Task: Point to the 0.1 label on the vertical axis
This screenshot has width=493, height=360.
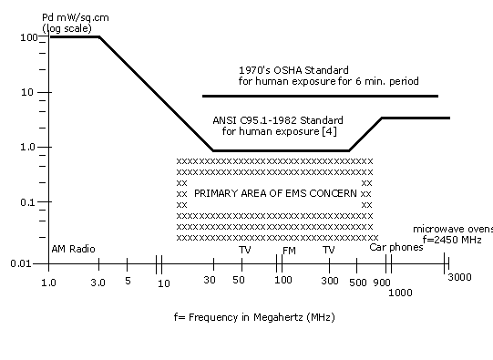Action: click(x=30, y=202)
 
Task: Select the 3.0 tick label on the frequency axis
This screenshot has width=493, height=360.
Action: click(x=98, y=282)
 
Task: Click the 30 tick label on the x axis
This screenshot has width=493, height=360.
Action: click(x=210, y=282)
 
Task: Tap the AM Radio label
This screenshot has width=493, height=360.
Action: click(x=73, y=249)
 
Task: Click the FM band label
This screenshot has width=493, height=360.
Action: click(x=289, y=249)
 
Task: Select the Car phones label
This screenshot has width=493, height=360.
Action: click(x=395, y=247)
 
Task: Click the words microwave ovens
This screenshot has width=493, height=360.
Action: click(x=452, y=229)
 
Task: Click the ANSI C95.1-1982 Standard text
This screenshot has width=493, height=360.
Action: click(x=278, y=120)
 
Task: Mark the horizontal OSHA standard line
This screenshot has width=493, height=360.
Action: click(x=319, y=96)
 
